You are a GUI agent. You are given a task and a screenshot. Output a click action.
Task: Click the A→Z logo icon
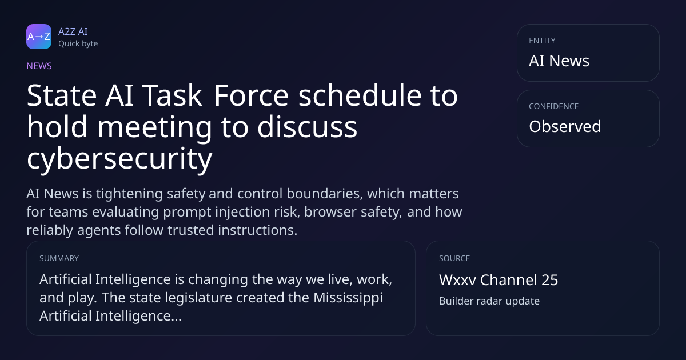coord(39,37)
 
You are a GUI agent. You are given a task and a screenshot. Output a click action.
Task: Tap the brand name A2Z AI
coord(73,31)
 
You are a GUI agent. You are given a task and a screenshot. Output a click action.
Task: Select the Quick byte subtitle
coord(78,44)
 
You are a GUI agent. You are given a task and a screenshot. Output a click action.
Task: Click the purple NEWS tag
coord(39,66)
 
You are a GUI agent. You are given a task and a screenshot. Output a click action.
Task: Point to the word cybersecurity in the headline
coord(119,159)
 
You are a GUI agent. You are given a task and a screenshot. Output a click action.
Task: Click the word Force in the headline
coord(251,96)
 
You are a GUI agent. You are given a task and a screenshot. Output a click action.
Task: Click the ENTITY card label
coord(542,41)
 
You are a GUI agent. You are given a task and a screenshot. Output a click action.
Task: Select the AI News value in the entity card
coord(559,61)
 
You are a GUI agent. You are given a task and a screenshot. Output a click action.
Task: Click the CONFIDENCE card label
coord(554,106)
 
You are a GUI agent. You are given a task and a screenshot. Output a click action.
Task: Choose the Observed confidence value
coord(565,126)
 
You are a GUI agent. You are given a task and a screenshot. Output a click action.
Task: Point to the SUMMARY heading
coord(59,258)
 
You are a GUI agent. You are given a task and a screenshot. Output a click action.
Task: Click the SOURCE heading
coord(454,258)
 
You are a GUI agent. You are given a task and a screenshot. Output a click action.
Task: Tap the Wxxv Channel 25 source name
coord(498,280)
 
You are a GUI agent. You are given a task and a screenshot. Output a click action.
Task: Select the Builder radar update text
coord(489,301)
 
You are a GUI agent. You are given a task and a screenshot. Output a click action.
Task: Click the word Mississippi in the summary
coord(348,298)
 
